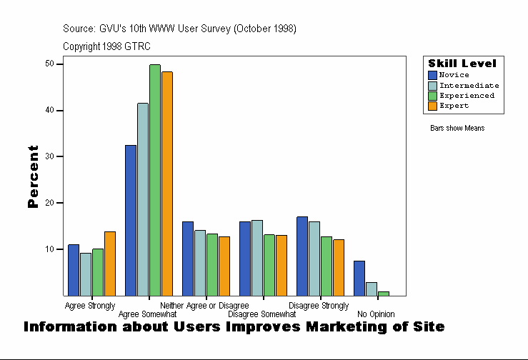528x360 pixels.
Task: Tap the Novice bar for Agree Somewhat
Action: click(131, 220)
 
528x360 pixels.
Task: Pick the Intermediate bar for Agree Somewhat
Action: click(143, 199)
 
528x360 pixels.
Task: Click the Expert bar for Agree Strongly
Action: click(110, 264)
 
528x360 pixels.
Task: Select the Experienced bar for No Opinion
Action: click(384, 293)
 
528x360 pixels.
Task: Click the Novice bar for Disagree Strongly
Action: click(302, 256)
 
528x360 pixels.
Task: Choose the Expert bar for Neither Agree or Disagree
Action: click(224, 266)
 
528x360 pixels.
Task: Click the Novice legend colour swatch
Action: click(432, 75)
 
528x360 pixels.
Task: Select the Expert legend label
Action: click(454, 106)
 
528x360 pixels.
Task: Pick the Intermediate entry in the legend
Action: click(469, 85)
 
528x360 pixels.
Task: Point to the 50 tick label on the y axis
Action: click(49, 64)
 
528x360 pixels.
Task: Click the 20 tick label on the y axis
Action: click(49, 203)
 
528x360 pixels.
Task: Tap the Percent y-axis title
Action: click(33, 176)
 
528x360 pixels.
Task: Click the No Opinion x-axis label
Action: click(376, 314)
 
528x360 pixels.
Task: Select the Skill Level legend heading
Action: click(462, 64)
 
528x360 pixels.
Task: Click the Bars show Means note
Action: click(457, 128)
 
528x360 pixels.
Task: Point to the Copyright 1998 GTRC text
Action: click(106, 46)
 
